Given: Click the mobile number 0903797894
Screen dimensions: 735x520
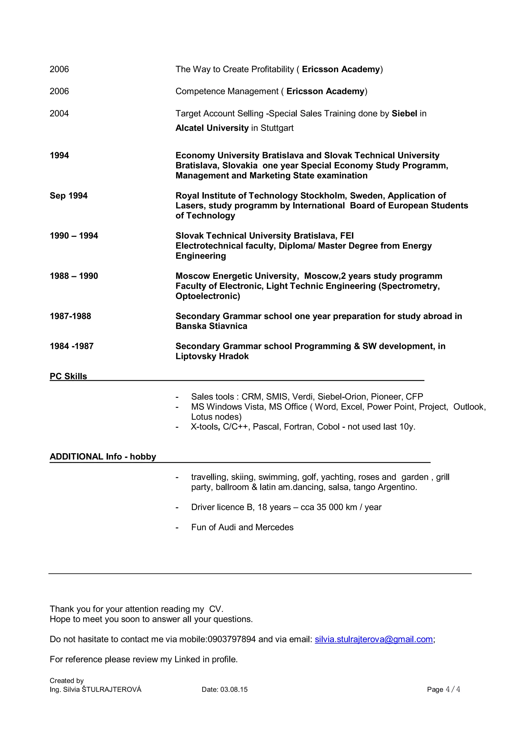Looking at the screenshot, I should point(232,639).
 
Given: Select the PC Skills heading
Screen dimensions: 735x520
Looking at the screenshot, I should point(68,376).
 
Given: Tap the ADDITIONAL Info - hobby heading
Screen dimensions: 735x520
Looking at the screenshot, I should point(103,456).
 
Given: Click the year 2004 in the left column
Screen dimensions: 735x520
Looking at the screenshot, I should point(59,114).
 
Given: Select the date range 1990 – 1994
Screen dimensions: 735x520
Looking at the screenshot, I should point(74,236).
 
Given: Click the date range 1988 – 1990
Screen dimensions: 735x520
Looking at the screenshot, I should point(74,276).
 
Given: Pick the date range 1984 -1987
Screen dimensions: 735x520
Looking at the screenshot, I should point(71,346).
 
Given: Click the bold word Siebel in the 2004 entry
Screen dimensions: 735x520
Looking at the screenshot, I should point(404,114).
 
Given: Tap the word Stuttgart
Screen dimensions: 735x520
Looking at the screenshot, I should point(277,128).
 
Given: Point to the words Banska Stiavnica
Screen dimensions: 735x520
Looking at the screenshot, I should point(211,326).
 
